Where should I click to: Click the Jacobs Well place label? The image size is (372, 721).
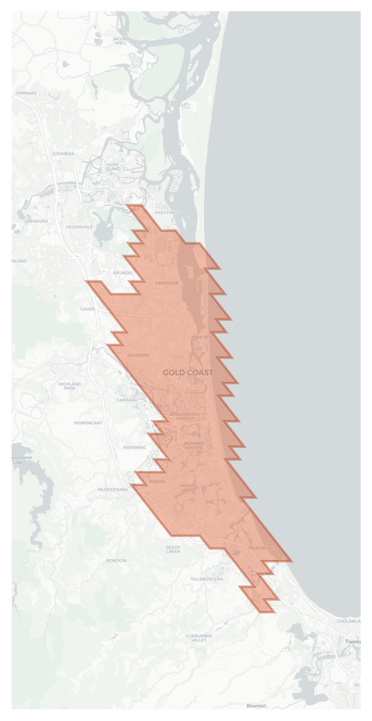[x=121, y=41]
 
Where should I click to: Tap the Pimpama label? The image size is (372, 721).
[x=26, y=93]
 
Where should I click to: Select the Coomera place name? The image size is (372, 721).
[x=63, y=154]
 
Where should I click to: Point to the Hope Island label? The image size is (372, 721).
[x=113, y=167]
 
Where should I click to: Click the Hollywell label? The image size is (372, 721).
[x=168, y=213]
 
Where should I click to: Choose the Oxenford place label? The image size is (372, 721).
[x=36, y=221]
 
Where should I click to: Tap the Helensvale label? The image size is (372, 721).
[x=79, y=227]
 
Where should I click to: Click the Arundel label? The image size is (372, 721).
[x=123, y=273]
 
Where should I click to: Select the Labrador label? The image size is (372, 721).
[x=167, y=283]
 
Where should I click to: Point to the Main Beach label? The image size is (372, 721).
[x=204, y=337]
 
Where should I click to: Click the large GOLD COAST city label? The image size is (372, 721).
[x=188, y=372]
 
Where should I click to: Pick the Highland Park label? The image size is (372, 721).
[x=69, y=386]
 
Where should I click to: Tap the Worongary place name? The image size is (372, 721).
[x=88, y=423]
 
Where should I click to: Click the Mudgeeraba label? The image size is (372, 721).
[x=112, y=489]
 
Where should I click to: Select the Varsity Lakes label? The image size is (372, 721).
[x=188, y=488]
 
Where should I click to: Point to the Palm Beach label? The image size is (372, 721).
[x=261, y=548]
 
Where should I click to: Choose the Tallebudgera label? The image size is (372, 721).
[x=206, y=579]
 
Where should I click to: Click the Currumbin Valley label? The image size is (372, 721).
[x=199, y=638]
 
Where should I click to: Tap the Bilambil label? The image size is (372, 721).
[x=256, y=706]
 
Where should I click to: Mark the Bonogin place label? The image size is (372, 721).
[x=116, y=560]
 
